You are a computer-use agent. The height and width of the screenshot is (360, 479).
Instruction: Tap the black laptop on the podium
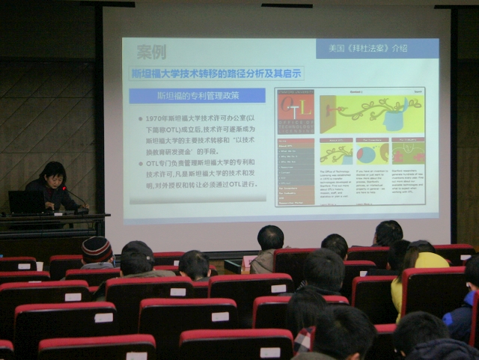pyautogui.click(x=25, y=202)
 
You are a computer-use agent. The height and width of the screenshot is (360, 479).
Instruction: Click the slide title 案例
pyautogui.click(x=151, y=52)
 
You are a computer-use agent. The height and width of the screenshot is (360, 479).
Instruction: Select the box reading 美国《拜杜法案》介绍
pyautogui.click(x=377, y=49)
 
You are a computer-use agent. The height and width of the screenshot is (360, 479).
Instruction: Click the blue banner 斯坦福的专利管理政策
pyautogui.click(x=197, y=96)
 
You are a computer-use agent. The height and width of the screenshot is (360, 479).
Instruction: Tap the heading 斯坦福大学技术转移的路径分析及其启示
pyautogui.click(x=216, y=73)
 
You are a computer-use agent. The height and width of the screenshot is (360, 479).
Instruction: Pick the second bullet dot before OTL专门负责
pyautogui.click(x=141, y=162)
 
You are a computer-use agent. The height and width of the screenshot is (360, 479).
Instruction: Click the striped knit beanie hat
pyautogui.click(x=97, y=248)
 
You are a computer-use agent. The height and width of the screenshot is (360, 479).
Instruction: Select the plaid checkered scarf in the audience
pyautogui.click(x=304, y=340)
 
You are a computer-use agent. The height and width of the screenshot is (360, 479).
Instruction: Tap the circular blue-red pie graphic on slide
pyautogui.click(x=366, y=155)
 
